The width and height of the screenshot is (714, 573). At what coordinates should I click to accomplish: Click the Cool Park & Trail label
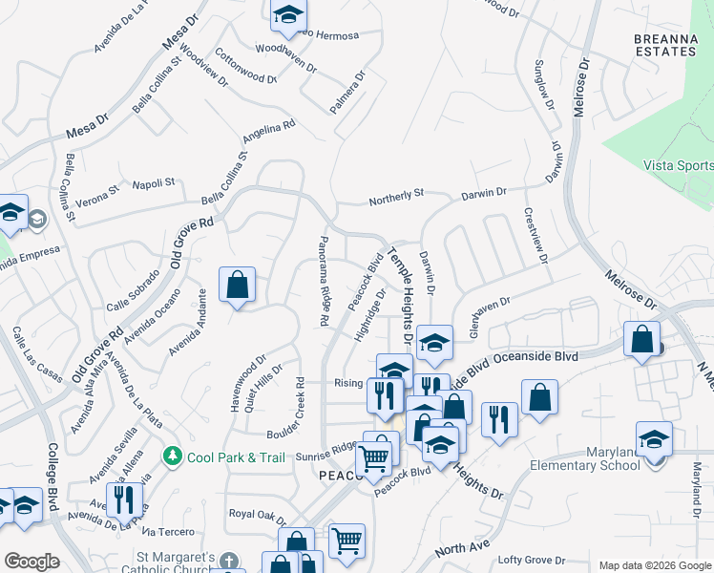pyautogui.click(x=236, y=457)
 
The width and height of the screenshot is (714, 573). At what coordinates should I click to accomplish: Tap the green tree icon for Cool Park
pyautogui.click(x=173, y=456)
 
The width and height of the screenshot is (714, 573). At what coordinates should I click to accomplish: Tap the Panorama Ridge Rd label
pyautogui.click(x=322, y=282)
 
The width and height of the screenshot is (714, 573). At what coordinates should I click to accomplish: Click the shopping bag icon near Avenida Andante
pyautogui.click(x=237, y=286)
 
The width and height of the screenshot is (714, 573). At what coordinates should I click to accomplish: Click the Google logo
pyautogui.click(x=31, y=561)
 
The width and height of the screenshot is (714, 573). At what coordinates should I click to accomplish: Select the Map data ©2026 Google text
pyautogui.click(x=653, y=565)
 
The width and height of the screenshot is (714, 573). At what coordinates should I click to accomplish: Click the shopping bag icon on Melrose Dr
pyautogui.click(x=642, y=340)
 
